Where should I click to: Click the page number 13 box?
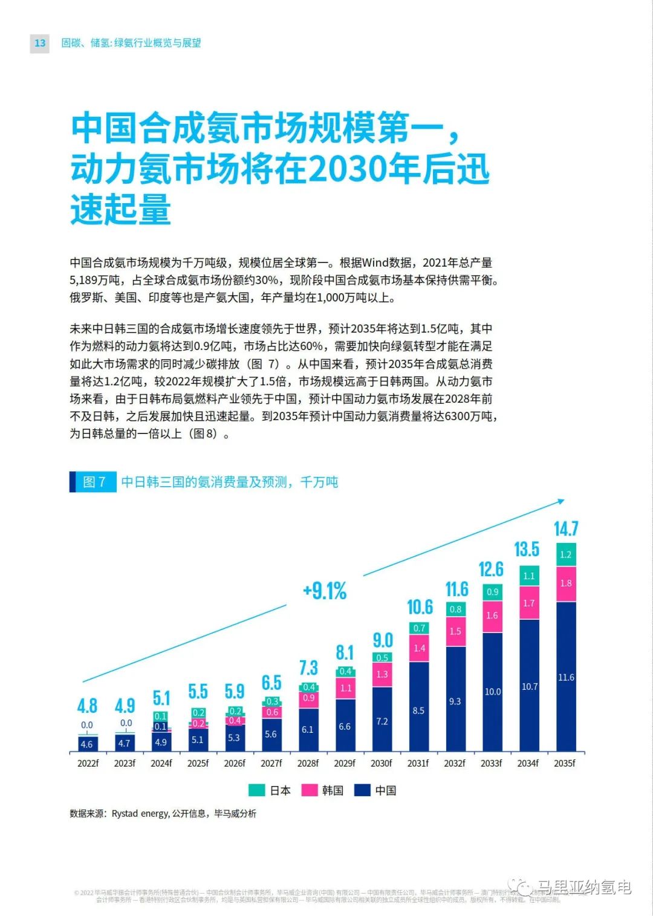(x=40, y=43)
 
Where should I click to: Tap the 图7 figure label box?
(x=94, y=482)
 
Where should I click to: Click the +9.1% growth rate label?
(x=325, y=591)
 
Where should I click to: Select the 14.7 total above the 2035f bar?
(x=566, y=529)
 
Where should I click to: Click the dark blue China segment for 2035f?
(x=566, y=677)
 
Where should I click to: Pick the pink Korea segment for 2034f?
(x=529, y=603)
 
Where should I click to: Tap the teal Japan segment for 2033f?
(x=492, y=592)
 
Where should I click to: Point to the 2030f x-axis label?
(x=382, y=763)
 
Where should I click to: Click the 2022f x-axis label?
(x=88, y=763)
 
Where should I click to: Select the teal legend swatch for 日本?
(x=256, y=790)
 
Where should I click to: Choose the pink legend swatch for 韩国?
(x=310, y=790)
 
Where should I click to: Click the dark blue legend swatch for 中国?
(x=362, y=790)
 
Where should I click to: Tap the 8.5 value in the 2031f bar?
(x=418, y=710)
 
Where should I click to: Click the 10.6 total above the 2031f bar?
(x=420, y=606)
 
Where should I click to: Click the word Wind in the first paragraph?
(x=375, y=263)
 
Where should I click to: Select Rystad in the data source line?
(x=125, y=814)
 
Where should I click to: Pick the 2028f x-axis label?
(x=308, y=763)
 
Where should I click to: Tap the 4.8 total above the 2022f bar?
(x=87, y=706)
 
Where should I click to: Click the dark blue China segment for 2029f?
(x=345, y=726)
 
